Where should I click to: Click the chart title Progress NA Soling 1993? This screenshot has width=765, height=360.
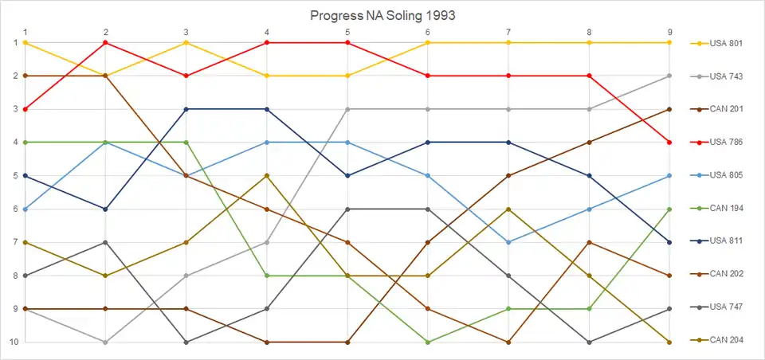(382, 15)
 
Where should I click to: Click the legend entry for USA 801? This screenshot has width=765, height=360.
(725, 43)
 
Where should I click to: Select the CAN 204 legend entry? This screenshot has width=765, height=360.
(725, 340)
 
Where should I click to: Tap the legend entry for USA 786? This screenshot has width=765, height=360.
(725, 142)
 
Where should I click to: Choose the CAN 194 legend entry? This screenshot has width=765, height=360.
(725, 208)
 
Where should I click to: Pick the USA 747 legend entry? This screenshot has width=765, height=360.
(725, 307)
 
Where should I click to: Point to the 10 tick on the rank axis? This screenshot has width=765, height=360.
(13, 342)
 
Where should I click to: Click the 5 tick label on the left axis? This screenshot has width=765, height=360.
(14, 175)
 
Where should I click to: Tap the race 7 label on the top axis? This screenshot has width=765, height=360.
(508, 32)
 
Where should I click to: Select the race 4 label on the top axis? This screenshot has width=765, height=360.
(267, 32)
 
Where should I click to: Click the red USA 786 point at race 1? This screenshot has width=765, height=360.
(25, 109)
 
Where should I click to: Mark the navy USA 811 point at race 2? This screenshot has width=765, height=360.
(106, 209)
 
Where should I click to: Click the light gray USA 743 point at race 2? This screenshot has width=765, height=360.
(106, 342)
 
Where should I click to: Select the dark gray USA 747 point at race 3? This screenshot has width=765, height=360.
(186, 342)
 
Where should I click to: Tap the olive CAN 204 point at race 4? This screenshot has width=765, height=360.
(267, 175)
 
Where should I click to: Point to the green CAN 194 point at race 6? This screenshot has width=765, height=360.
(428, 342)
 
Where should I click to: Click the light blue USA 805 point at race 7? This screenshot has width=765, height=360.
(508, 242)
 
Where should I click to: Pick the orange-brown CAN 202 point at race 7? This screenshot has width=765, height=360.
(508, 342)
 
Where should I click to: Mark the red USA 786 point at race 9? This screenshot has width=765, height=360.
(669, 142)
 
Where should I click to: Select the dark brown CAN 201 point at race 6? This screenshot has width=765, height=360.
(428, 242)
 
